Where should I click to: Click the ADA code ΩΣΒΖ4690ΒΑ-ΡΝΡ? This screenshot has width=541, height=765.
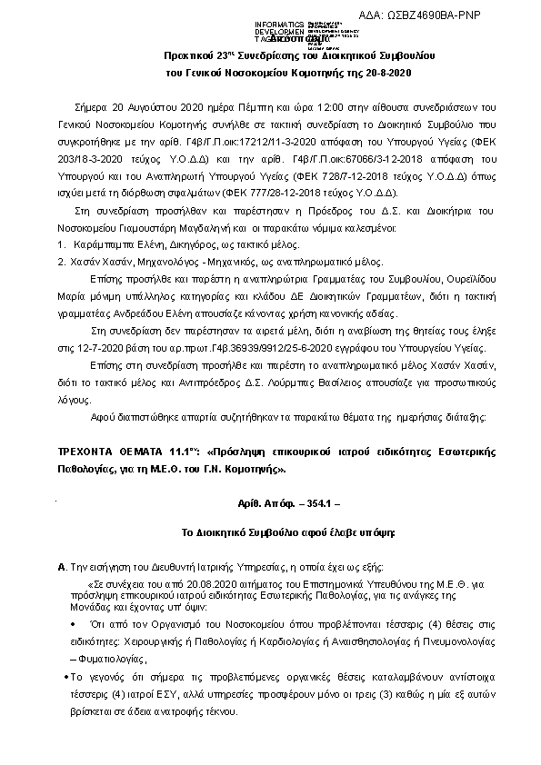tap(476, 16)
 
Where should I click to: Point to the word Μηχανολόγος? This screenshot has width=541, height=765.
tap(136, 260)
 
